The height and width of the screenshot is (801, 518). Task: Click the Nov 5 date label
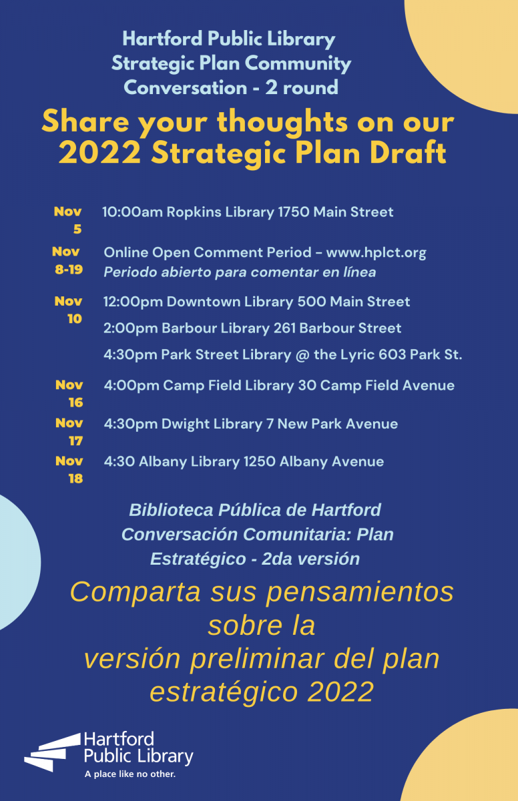click(x=68, y=220)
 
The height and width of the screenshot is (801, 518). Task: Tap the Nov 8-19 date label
click(x=67, y=260)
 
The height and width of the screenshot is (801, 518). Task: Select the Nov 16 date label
click(x=69, y=394)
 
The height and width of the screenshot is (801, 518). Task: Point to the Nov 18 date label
click(x=69, y=470)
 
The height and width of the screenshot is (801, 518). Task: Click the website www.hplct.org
click(x=376, y=252)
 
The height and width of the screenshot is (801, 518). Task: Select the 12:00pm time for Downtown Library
click(x=133, y=302)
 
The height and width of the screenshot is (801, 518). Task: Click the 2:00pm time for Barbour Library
click(x=130, y=328)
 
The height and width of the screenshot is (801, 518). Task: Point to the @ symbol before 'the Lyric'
click(x=302, y=355)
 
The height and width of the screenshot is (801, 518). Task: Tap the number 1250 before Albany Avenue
click(x=259, y=462)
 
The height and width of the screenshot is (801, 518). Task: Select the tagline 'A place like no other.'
click(x=130, y=774)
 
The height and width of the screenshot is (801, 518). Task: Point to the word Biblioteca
click(x=172, y=510)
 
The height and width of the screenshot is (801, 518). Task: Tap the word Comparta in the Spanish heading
click(x=135, y=593)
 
